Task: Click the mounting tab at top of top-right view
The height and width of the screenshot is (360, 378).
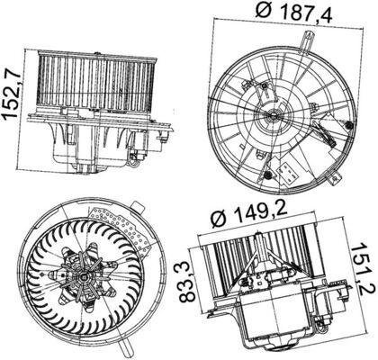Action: [309, 40]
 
